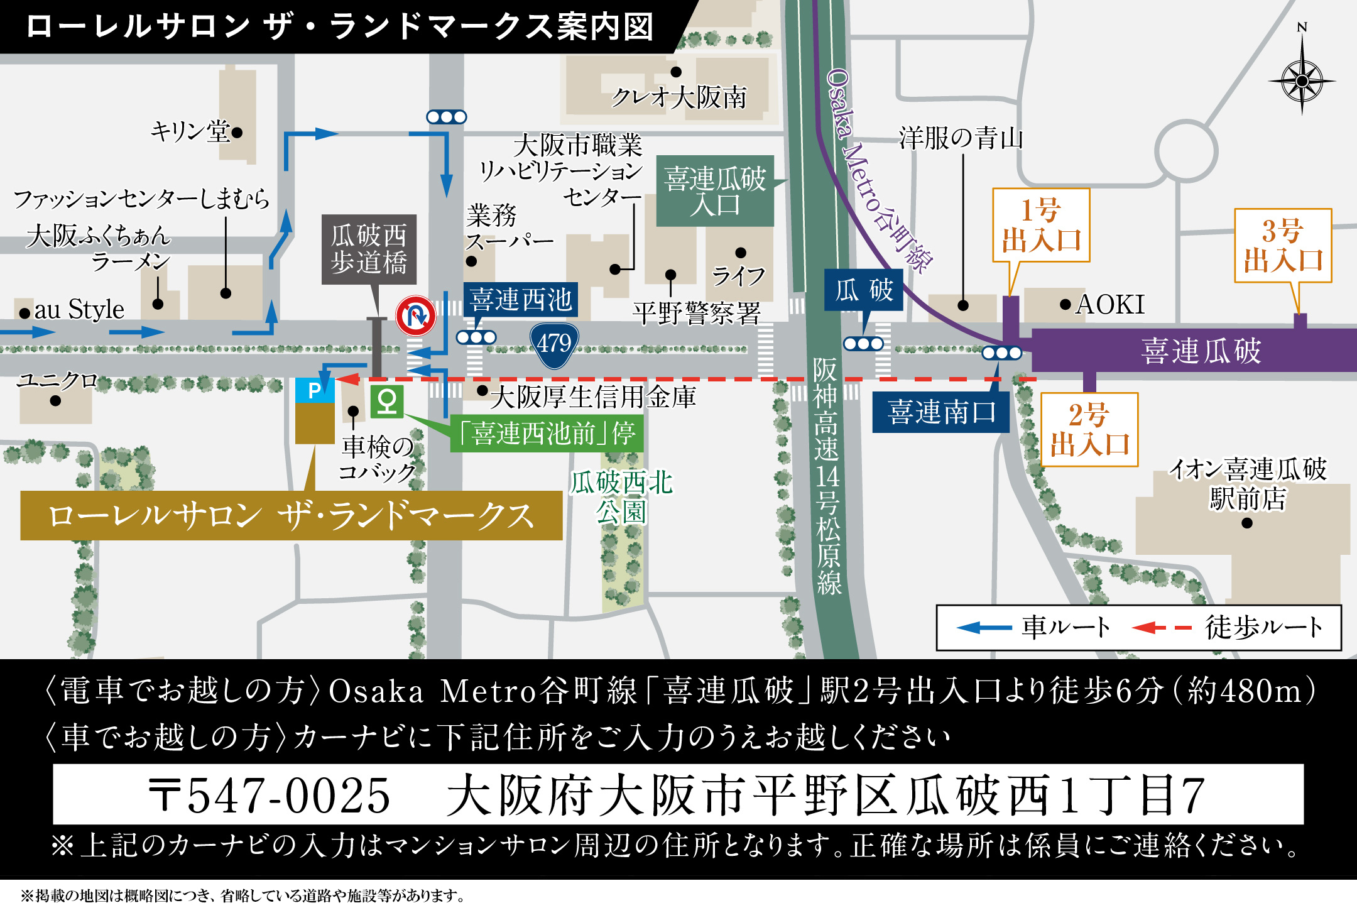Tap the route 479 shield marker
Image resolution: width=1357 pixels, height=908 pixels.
click(553, 343)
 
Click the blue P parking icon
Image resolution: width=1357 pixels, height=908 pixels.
click(315, 391)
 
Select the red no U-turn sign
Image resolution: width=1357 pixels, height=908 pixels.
click(416, 315)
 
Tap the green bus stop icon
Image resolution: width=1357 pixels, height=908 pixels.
click(386, 401)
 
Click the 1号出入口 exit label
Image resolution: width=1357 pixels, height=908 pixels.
click(1041, 225)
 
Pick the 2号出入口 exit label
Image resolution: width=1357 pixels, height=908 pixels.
click(1089, 430)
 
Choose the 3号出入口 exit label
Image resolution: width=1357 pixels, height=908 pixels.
click(1283, 246)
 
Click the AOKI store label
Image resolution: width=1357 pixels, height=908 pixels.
click(1110, 305)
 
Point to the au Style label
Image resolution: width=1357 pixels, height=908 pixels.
click(79, 310)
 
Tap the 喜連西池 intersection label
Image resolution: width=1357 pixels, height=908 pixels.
click(521, 300)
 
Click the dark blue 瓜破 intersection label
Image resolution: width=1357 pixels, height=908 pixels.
click(864, 290)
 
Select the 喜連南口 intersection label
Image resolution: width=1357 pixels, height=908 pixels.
click(940, 412)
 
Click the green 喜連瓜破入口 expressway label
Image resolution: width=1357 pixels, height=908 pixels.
click(715, 191)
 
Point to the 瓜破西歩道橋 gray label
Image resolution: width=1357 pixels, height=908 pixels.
click(369, 249)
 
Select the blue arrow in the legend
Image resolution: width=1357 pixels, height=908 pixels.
click(984, 628)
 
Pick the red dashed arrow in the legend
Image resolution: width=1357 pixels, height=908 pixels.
click(1162, 628)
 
